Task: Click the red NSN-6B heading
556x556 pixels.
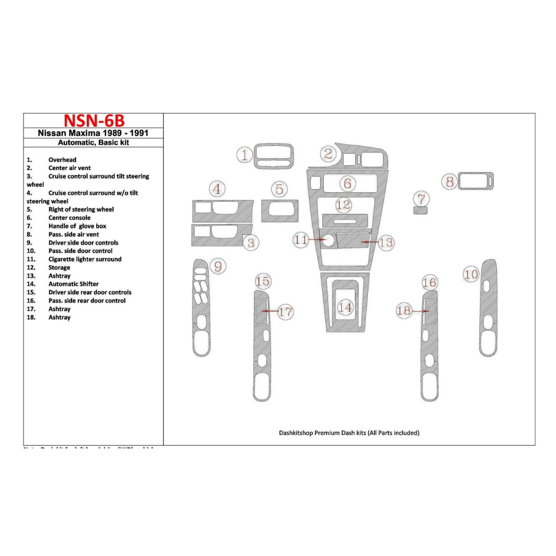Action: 94,121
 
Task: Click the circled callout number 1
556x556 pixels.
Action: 244,155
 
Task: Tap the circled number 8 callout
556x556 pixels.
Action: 450,181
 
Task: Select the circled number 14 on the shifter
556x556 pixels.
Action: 345,307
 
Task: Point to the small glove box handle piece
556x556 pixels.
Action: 420,210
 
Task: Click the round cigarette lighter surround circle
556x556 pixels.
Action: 328,241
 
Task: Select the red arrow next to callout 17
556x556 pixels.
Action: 270,311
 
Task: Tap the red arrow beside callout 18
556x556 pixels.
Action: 420,311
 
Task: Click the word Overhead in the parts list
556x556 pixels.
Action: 62,160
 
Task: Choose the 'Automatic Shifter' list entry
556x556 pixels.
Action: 73,284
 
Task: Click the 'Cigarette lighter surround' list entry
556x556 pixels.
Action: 85,259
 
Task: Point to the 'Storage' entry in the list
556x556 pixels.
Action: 59,267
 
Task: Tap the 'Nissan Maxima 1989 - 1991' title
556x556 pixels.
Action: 93,133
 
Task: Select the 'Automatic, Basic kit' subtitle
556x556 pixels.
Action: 93,142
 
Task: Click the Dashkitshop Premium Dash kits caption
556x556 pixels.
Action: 349,433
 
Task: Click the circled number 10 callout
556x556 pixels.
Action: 471,274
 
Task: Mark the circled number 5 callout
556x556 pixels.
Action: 279,189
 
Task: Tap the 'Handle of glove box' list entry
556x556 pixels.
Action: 77,226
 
